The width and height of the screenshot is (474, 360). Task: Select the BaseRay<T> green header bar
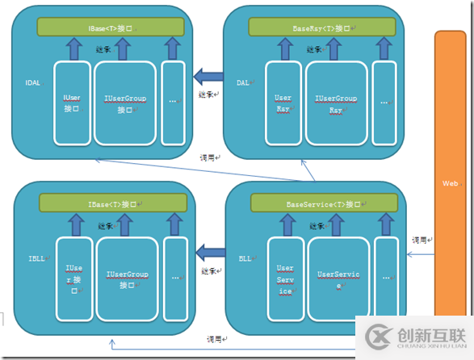316,27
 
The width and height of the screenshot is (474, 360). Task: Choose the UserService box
338,279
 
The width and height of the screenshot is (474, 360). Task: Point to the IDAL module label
31,82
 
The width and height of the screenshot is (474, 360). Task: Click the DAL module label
242,82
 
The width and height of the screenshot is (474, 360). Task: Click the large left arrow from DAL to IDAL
208,77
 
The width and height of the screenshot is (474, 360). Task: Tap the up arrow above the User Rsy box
283,49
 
